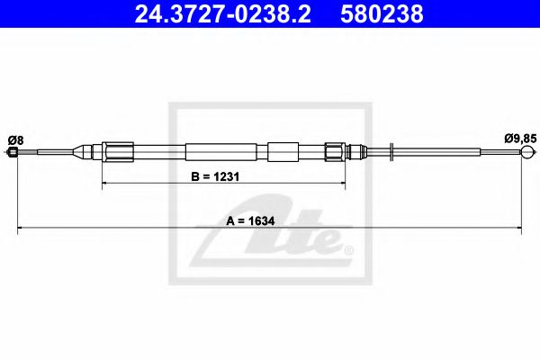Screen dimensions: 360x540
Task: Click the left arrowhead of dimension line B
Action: point(104,184)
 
